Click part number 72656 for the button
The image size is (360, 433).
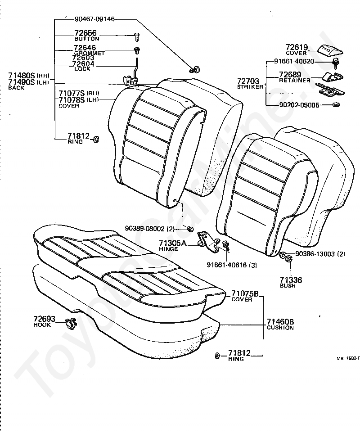click(x=85, y=34)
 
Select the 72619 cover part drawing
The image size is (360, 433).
click(x=330, y=49)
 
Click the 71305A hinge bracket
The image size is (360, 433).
click(x=208, y=241)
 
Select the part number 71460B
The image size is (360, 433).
click(x=280, y=322)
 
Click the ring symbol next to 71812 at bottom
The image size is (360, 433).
click(x=217, y=356)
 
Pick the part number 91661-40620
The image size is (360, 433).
click(x=294, y=62)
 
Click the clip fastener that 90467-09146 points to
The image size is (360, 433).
click(x=195, y=69)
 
